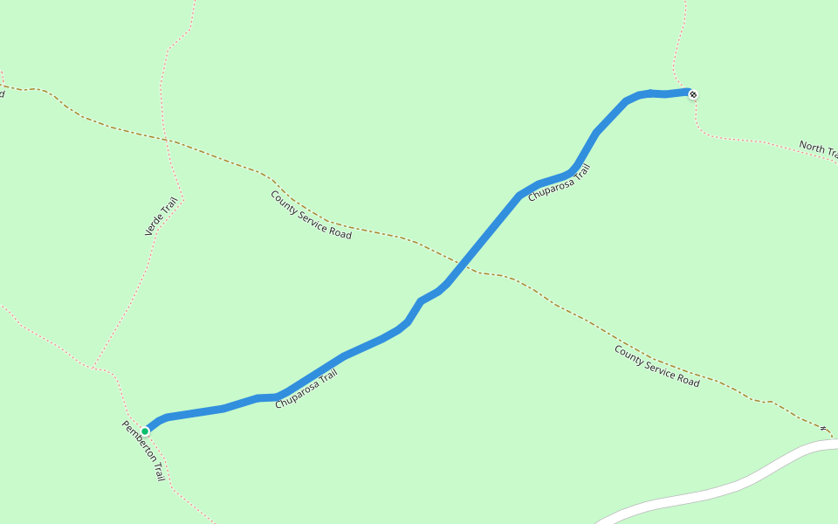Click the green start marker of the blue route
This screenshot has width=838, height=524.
tap(145, 431)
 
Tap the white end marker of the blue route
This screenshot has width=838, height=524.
tap(693, 94)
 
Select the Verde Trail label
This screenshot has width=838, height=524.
tap(161, 217)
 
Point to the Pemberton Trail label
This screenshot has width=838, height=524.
tap(143, 451)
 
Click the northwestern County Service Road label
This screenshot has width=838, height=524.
tap(311, 215)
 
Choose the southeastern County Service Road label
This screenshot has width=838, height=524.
tap(656, 366)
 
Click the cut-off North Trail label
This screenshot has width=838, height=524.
tap(818, 149)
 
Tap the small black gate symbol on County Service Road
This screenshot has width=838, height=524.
tap(823, 428)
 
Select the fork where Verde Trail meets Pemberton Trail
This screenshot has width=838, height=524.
tap(94, 366)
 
